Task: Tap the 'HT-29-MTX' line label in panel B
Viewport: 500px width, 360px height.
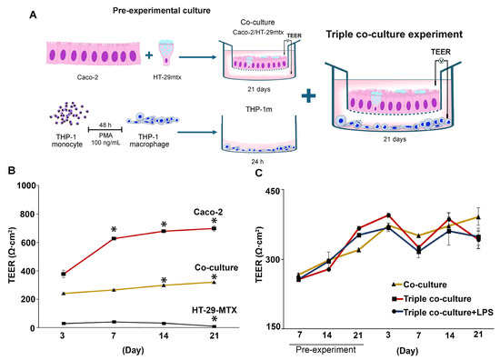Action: click(x=186, y=312)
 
